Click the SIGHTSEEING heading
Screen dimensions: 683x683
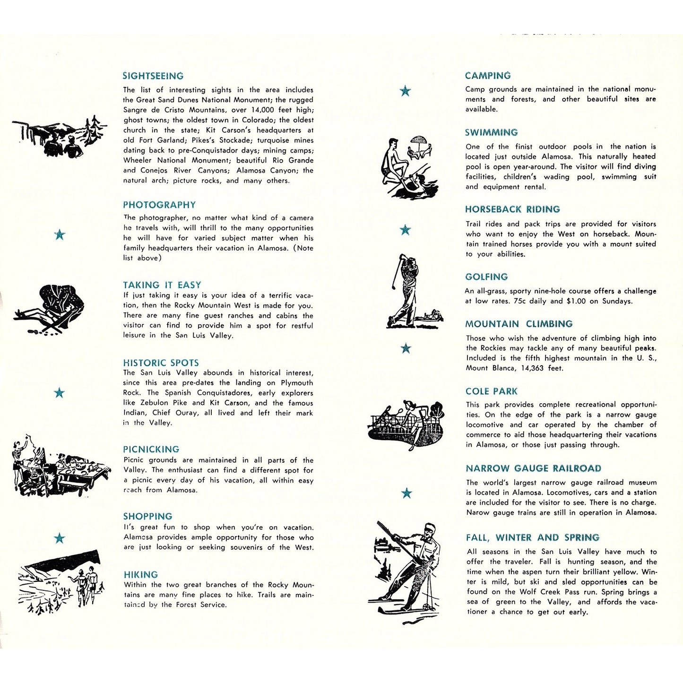(x=153, y=76)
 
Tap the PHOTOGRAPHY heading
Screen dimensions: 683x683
(x=159, y=205)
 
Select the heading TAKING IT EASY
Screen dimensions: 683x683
(x=162, y=285)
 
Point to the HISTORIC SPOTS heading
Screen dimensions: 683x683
(x=161, y=363)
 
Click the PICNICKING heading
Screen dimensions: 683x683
(x=151, y=450)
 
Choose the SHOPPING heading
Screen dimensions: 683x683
(x=147, y=517)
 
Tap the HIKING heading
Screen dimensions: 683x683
(x=141, y=575)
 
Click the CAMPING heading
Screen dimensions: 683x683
(x=488, y=76)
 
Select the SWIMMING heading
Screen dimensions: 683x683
(x=491, y=132)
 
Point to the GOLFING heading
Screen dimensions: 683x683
(x=486, y=277)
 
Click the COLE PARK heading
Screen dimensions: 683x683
(x=491, y=391)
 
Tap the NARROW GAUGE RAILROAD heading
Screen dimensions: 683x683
(x=533, y=468)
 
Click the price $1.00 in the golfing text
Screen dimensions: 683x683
(x=576, y=301)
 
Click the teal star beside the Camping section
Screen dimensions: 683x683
(x=405, y=91)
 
